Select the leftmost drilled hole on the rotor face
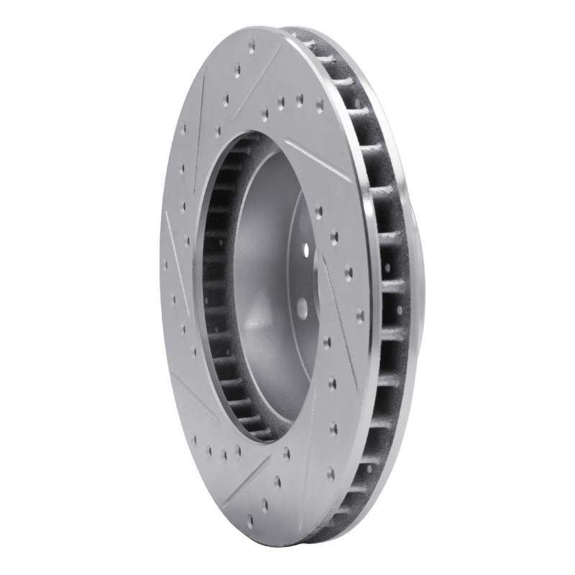point(165,264)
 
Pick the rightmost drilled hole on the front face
point(359,314)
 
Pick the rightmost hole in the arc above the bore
point(319,105)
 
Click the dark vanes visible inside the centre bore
point(216,287)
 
